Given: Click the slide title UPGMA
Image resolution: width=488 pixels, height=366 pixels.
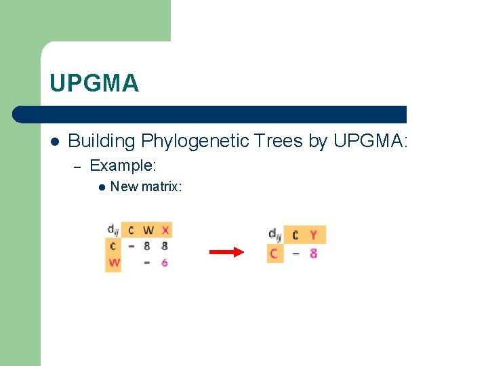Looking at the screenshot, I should click(x=94, y=83).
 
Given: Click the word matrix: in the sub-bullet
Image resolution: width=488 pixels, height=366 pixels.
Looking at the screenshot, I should click(x=161, y=186).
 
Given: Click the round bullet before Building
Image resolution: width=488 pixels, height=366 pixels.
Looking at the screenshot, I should click(x=55, y=142).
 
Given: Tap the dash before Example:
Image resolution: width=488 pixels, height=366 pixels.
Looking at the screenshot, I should click(x=77, y=165).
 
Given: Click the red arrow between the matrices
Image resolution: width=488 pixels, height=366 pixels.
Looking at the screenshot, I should click(x=226, y=252).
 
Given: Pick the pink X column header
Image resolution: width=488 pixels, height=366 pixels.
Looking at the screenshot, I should click(x=165, y=230).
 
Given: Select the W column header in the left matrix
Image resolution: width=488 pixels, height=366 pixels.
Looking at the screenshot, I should click(x=148, y=230).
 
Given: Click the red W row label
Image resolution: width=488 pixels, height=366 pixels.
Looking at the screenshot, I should click(x=113, y=262).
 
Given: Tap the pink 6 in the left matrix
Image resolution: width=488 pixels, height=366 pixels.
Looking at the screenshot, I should click(x=165, y=262).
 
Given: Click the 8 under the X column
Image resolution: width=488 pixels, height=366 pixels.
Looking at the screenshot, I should click(x=165, y=246).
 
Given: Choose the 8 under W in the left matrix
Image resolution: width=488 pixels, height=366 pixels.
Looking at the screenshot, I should click(x=147, y=246).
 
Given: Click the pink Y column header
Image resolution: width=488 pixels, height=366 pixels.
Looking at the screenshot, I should click(x=313, y=235).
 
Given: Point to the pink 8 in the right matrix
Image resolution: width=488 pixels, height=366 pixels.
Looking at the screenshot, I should click(x=313, y=253).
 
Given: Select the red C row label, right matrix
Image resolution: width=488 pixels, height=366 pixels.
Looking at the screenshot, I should click(x=274, y=253).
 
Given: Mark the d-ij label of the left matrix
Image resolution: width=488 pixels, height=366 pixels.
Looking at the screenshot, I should click(x=113, y=230).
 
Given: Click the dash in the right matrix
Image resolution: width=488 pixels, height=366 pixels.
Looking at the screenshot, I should click(x=296, y=253).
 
